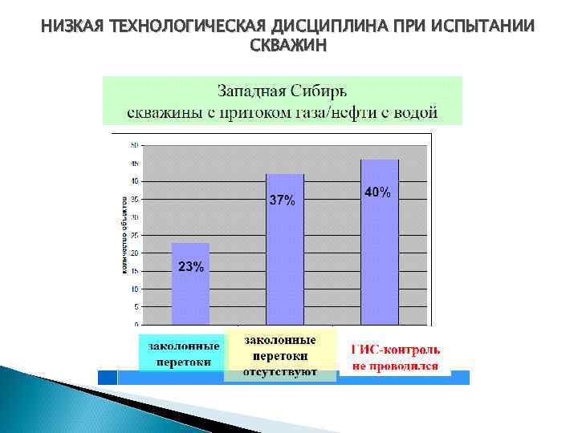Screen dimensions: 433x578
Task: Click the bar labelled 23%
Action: coord(190,285)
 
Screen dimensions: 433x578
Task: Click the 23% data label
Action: coord(190,267)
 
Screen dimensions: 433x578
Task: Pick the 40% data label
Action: coord(378,192)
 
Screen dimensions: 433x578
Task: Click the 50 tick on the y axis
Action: coord(134,145)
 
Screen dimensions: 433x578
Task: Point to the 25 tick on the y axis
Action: coord(134,235)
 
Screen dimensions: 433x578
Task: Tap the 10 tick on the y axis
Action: coord(134,289)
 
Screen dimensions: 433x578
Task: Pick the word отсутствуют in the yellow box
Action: coord(279,371)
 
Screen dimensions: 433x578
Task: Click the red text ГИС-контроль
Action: coord(395,350)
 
